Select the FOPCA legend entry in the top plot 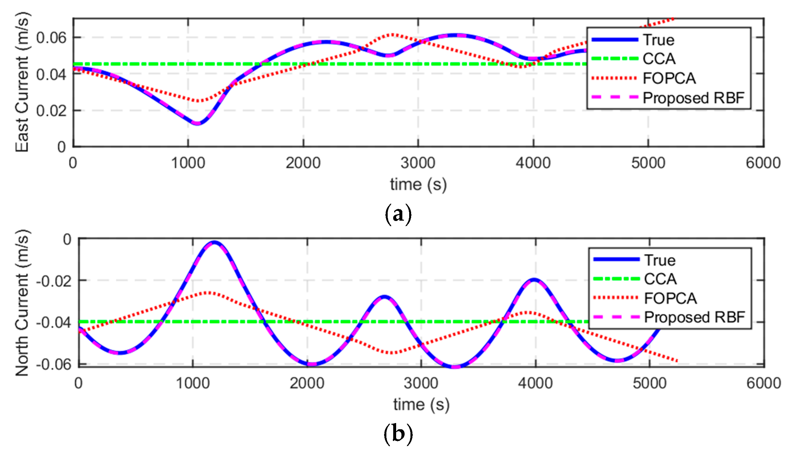[x=669, y=78]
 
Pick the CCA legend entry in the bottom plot [x=660, y=279]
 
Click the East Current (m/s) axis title [x=22, y=82]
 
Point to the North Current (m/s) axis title [x=22, y=303]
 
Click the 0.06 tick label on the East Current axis [x=51, y=38]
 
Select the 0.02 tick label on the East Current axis [x=51, y=111]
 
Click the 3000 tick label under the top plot [x=418, y=163]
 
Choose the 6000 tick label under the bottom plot [x=763, y=383]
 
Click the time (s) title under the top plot [x=418, y=185]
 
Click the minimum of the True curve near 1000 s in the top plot [x=197, y=123]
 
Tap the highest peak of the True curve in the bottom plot [x=214, y=242]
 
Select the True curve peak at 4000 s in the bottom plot [x=534, y=279]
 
